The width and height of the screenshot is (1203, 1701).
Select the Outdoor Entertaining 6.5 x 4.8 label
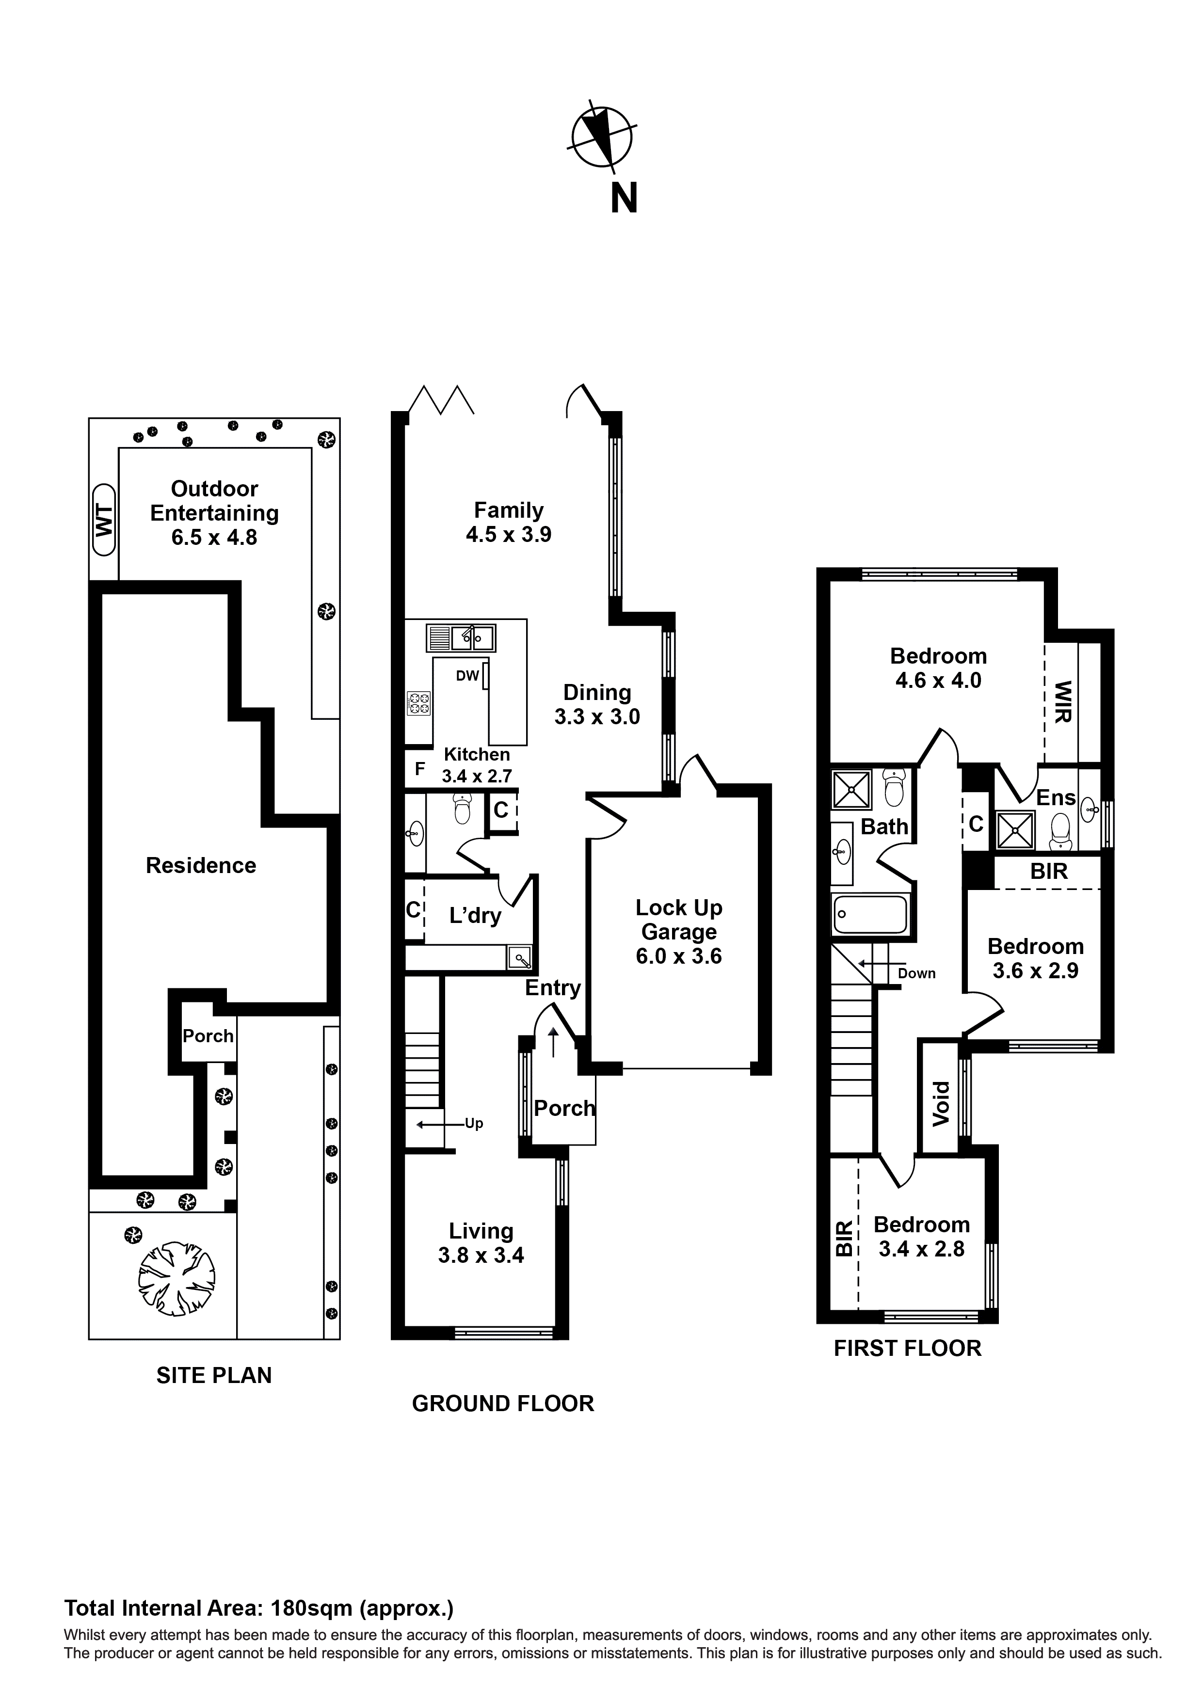click(214, 513)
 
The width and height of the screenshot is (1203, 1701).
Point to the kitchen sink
click(461, 637)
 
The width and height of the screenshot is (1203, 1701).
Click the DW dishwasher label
click(467, 676)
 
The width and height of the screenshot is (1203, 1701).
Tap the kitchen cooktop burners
click(419, 702)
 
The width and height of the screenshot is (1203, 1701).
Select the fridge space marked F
click(419, 769)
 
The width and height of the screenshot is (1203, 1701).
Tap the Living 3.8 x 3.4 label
click(481, 1242)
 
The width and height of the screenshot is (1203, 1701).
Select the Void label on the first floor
click(941, 1104)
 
